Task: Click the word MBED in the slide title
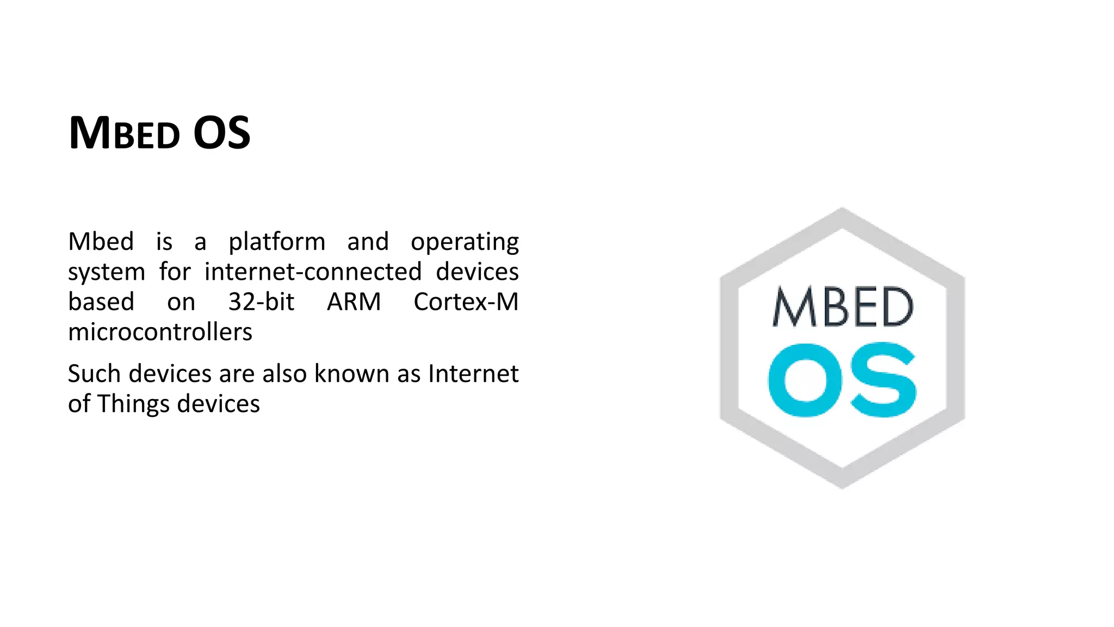click(124, 133)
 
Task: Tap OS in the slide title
click(221, 133)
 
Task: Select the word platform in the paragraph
click(277, 242)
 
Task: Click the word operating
click(465, 242)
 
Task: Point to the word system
click(107, 272)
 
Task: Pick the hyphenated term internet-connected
click(313, 272)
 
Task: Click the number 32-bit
click(261, 302)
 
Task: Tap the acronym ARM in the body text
click(354, 302)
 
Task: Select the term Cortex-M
click(466, 302)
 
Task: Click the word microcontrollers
click(160, 332)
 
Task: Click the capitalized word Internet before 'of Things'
click(473, 374)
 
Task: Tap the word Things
click(133, 404)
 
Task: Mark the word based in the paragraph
click(101, 302)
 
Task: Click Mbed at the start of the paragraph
click(101, 242)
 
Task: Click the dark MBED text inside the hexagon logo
click(843, 307)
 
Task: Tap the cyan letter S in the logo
click(883, 380)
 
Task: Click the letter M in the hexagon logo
click(795, 307)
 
